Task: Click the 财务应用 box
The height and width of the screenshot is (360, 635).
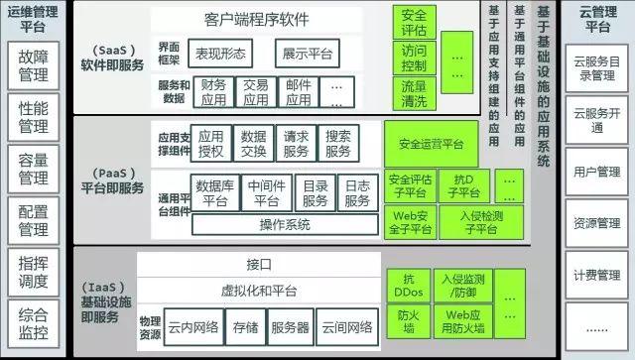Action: (213, 92)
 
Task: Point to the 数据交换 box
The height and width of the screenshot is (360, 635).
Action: (254, 144)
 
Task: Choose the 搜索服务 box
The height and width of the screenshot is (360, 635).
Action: (337, 144)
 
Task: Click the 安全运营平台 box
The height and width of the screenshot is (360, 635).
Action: (427, 144)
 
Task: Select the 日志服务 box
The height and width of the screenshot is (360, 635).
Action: (356, 192)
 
